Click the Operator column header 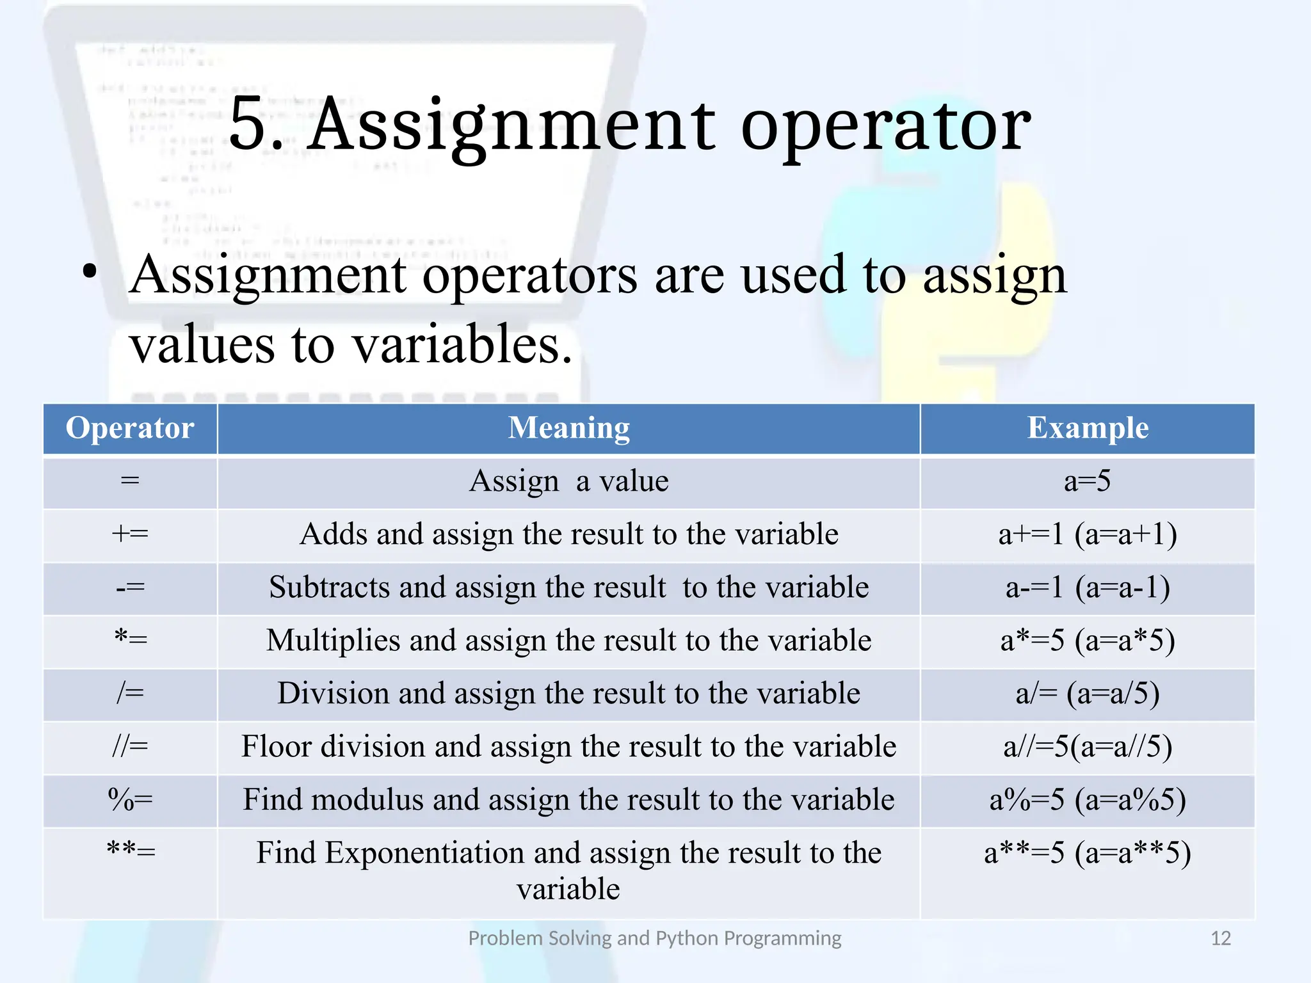[x=130, y=428]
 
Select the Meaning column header [x=568, y=428]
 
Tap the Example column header [x=1088, y=428]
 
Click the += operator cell [x=130, y=534]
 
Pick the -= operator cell [x=130, y=587]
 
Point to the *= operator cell [x=130, y=640]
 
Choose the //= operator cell [x=130, y=746]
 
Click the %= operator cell [x=130, y=799]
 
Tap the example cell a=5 [x=1088, y=481]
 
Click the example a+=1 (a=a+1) [x=1088, y=534]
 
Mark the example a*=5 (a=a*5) [x=1088, y=641]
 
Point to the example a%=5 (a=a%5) [x=1088, y=800]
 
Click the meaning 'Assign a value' [x=568, y=481]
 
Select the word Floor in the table [x=278, y=747]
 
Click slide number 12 [x=1221, y=938]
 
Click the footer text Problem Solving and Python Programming [x=654, y=938]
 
